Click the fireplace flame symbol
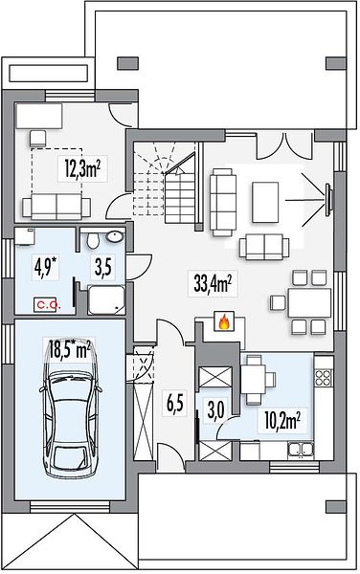tap(224, 322)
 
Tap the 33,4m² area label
tap(213, 283)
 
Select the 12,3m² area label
tap(82, 170)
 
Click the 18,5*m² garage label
tap(70, 349)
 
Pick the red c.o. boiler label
tap(46, 304)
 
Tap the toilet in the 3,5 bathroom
tap(93, 240)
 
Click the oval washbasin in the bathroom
tap(115, 236)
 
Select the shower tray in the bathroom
tap(106, 299)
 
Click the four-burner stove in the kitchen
tap(324, 377)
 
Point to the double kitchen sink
tap(301, 450)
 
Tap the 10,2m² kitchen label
tap(282, 421)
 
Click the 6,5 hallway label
tap(174, 404)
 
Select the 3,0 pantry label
tap(216, 409)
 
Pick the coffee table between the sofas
tap(265, 202)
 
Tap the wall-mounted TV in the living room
tap(328, 199)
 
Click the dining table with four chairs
tap(308, 302)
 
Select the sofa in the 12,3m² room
tap(56, 206)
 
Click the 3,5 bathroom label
tap(104, 266)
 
